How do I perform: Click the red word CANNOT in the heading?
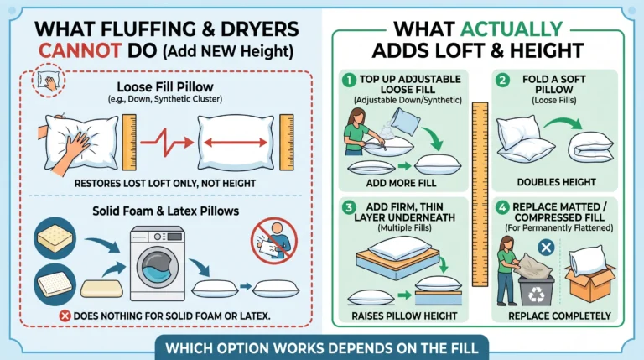coord(80,50)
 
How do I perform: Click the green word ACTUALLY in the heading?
coord(512,29)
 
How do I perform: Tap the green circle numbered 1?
coord(349,80)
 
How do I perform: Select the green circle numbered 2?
coord(502,80)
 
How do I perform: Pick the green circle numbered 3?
coord(349,207)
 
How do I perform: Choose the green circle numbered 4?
coord(502,207)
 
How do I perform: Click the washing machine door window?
coord(158,267)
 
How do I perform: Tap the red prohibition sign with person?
coord(274,241)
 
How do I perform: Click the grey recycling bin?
coord(536,291)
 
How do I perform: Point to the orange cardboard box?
coord(590,283)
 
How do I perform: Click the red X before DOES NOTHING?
coord(65,316)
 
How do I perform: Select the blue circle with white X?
coord(546,248)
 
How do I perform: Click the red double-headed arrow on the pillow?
coord(236,143)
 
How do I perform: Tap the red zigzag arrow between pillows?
coord(167,142)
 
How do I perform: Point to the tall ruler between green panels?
coord(480,194)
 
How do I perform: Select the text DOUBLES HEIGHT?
coord(556,182)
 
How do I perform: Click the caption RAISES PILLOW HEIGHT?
coord(404,316)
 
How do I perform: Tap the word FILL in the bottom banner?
coord(465,348)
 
